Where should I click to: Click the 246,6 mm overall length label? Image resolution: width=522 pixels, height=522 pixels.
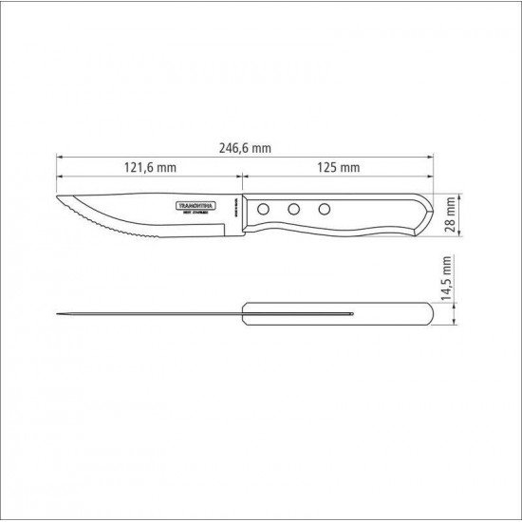coord(244,147)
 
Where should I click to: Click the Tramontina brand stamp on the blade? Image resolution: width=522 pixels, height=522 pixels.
coord(197,204)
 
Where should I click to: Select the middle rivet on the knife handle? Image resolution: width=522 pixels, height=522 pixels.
coord(295,207)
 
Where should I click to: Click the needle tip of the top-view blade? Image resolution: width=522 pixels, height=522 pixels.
coord(58,314)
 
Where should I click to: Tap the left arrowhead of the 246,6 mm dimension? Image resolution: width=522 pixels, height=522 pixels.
coord(59,155)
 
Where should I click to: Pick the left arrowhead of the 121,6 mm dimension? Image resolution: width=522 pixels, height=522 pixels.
coord(59,175)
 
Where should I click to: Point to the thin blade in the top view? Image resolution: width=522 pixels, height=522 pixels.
coord(152,314)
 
